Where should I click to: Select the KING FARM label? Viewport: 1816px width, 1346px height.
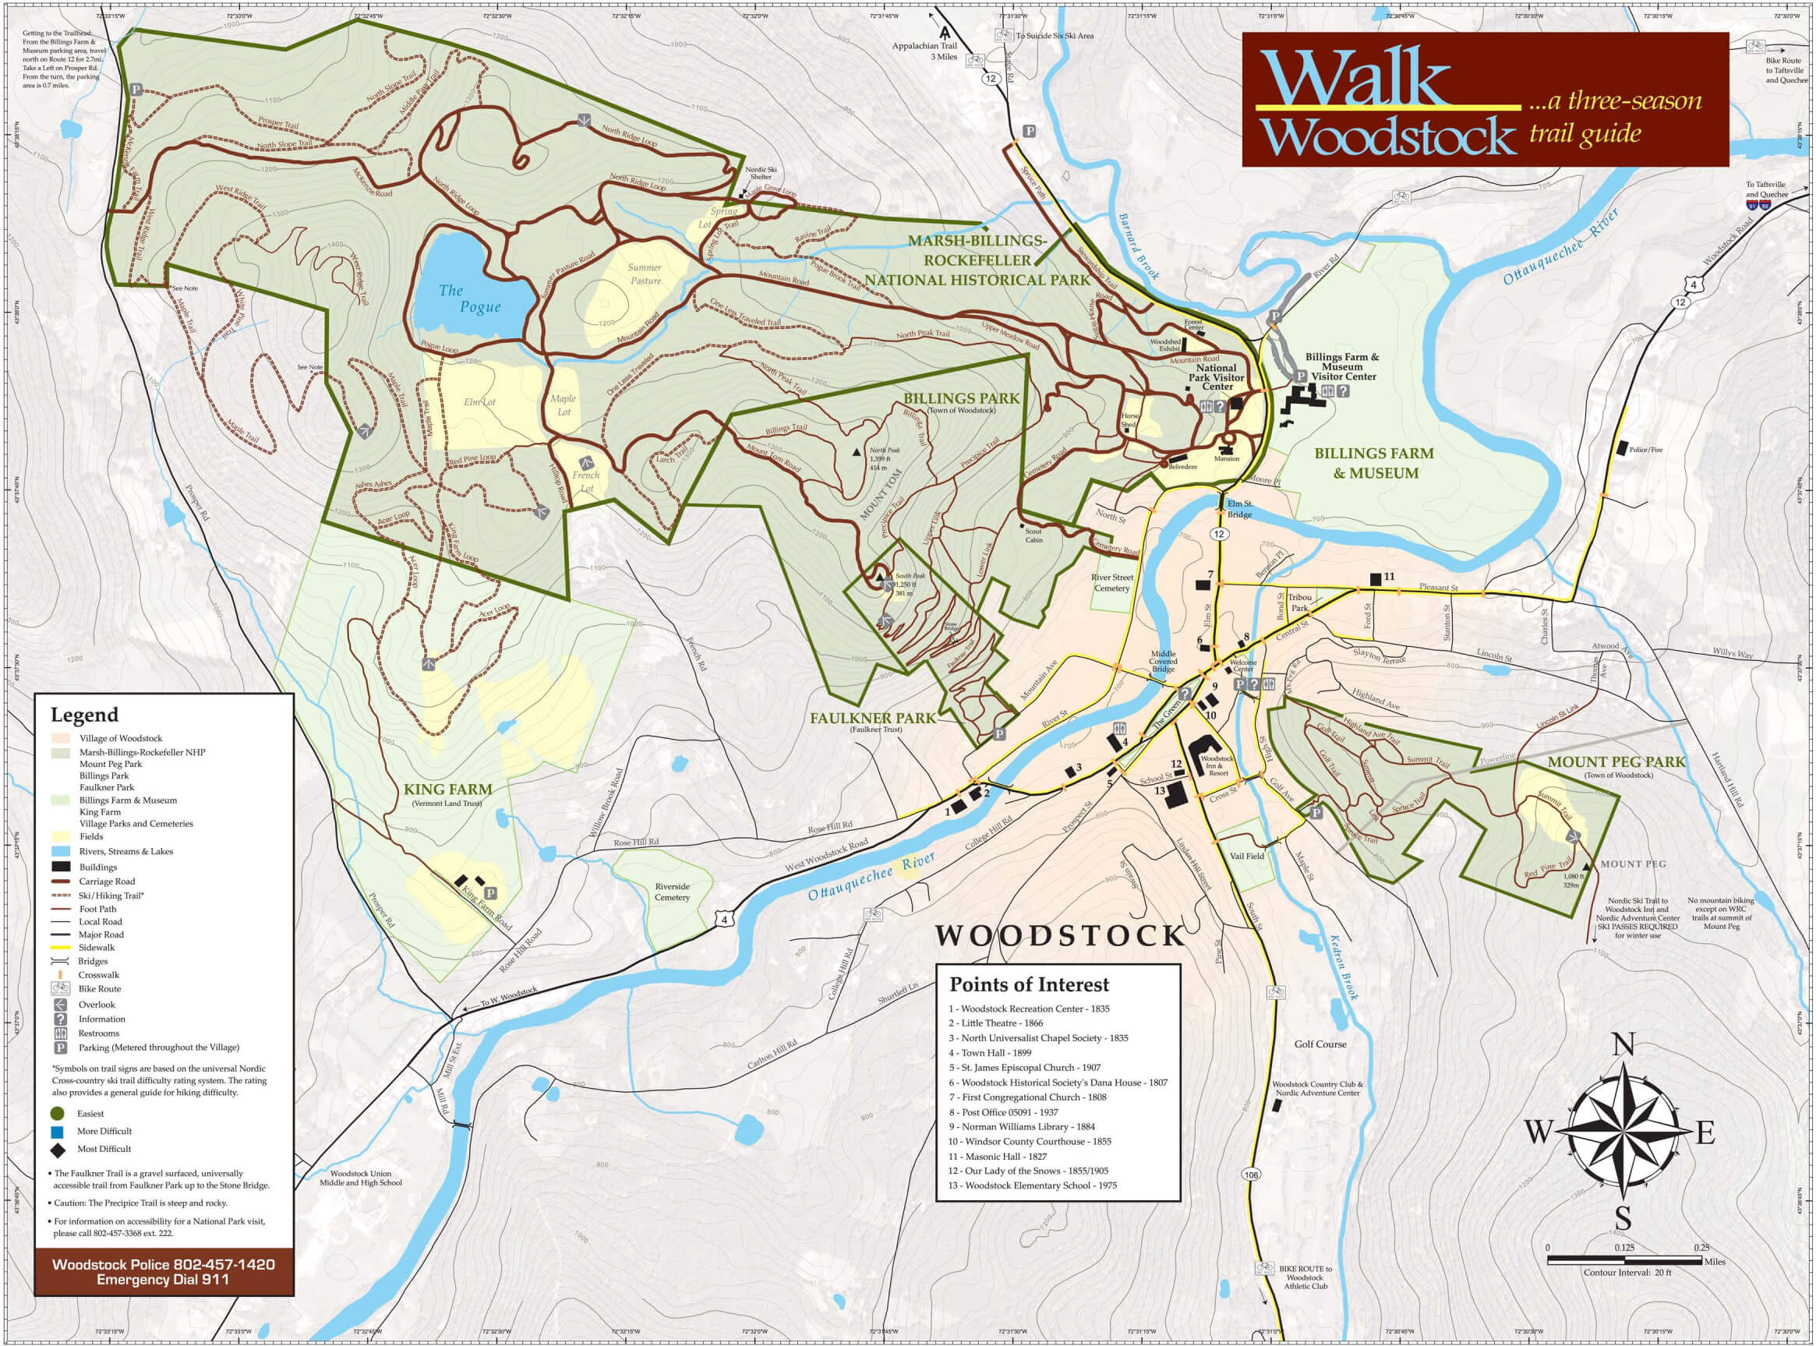[x=447, y=789]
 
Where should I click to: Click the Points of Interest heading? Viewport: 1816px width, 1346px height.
[x=1029, y=984]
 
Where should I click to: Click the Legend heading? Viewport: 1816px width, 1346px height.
[x=84, y=715]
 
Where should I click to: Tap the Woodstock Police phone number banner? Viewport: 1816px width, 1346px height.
[x=163, y=1271]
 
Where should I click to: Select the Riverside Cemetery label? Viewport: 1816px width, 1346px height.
[x=672, y=892]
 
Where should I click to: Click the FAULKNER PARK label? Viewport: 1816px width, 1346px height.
[x=873, y=718]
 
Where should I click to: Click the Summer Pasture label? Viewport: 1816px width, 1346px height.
[x=645, y=274]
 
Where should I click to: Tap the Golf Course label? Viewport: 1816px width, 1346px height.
[x=1320, y=1044]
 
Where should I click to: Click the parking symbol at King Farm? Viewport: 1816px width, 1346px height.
[x=490, y=894]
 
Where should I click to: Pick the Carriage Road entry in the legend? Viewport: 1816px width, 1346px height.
[x=106, y=881]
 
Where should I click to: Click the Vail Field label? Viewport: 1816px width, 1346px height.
[x=1246, y=857]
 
